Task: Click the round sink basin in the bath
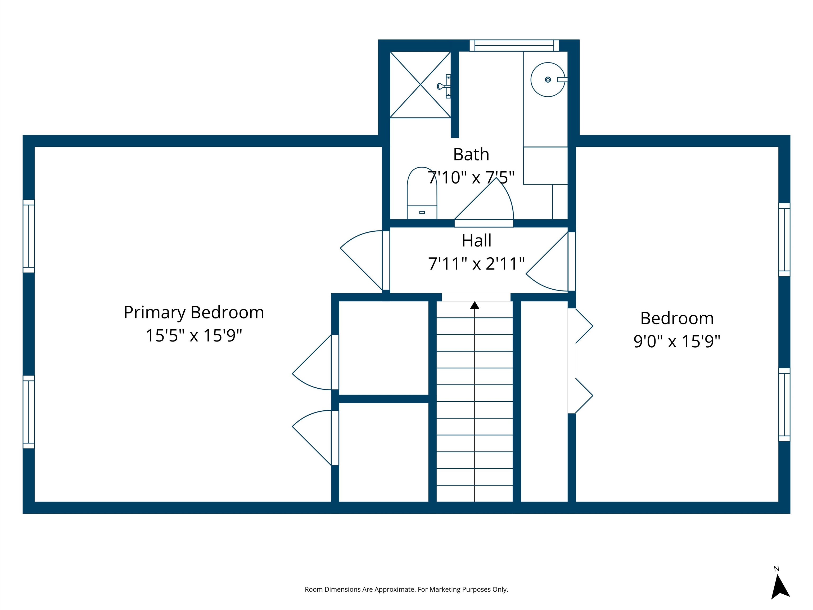548,79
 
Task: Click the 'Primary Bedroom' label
194,312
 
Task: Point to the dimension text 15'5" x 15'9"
194,335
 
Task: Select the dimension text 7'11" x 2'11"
476,264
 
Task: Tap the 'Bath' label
471,154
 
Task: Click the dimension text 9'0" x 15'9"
677,341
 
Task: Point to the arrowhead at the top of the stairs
475,305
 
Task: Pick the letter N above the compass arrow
776,569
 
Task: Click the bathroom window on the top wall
514,45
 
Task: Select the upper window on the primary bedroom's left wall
29,236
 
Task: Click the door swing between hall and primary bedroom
362,257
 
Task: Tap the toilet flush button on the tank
422,213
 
